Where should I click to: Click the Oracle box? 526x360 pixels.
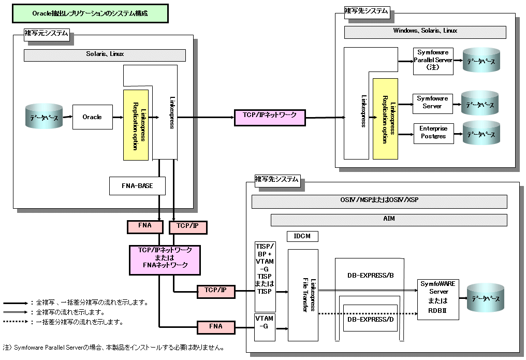tap(92, 117)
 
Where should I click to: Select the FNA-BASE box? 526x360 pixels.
tap(137, 185)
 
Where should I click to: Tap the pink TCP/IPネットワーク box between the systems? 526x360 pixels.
tap(270, 117)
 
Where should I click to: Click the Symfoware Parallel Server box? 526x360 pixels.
tap(433, 61)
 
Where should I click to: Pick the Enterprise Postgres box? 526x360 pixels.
tap(433, 133)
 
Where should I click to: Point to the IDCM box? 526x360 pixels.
tap(302, 236)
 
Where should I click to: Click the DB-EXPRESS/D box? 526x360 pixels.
tap(370, 319)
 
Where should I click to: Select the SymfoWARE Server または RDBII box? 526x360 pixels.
tap(438, 299)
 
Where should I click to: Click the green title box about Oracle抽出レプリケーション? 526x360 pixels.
tap(90, 14)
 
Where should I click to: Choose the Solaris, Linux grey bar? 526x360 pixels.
tap(105, 55)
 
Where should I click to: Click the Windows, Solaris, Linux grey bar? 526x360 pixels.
tap(425, 32)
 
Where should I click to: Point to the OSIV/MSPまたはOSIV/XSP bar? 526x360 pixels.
tap(379, 201)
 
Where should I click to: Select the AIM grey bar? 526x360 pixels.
tap(389, 220)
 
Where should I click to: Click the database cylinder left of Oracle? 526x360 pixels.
tap(44, 118)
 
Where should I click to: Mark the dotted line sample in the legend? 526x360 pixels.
tap(16, 322)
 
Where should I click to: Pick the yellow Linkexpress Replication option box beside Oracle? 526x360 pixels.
tap(136, 124)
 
